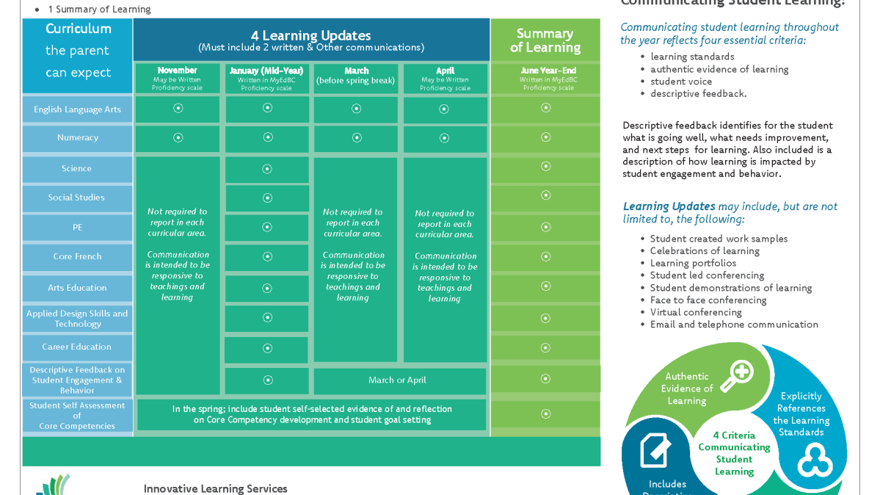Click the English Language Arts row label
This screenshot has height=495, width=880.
[x=77, y=109]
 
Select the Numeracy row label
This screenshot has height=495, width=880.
[x=77, y=138]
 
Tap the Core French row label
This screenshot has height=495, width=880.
[x=77, y=257]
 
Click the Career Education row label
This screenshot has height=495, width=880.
[x=77, y=347]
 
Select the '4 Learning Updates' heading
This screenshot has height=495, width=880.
[x=311, y=36]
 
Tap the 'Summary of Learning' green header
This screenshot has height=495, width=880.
[x=545, y=40]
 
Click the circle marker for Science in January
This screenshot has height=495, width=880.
[x=267, y=169]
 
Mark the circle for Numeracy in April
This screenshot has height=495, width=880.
[x=444, y=138]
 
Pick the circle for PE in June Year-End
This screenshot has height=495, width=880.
[x=545, y=227]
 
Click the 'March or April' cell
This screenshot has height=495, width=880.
[x=397, y=380]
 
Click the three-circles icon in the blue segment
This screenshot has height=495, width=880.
[x=815, y=460]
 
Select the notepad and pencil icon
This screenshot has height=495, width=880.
[x=655, y=450]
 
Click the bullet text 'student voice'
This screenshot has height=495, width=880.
[x=681, y=82]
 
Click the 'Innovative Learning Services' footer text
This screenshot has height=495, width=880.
[x=216, y=488]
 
